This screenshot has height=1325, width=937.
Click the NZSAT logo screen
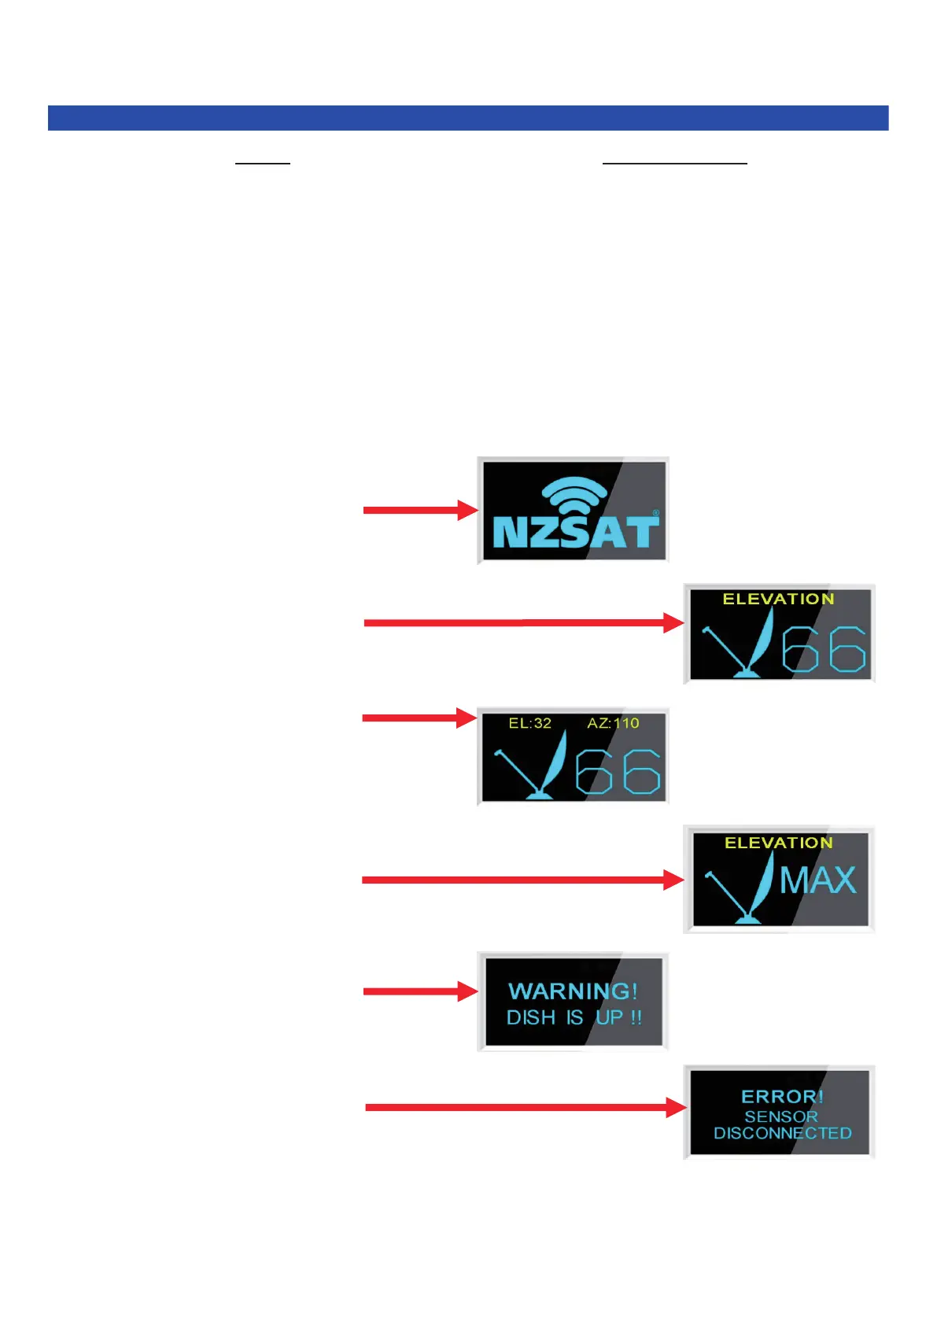point(574,510)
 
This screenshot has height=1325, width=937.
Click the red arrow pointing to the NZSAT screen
point(420,510)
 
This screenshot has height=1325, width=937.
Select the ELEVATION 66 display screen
point(779,634)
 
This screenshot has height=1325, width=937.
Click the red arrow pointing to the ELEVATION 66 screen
point(523,622)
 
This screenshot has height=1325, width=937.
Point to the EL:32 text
point(529,723)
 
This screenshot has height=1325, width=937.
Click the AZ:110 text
point(613,723)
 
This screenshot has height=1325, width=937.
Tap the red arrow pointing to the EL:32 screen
point(419,718)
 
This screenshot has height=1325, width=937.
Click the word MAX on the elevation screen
point(817,880)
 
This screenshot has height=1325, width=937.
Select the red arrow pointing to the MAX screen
point(522,880)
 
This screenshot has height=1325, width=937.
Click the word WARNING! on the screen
point(573,991)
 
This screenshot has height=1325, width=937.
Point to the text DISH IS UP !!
point(574,1017)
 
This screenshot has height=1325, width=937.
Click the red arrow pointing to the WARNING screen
point(420,991)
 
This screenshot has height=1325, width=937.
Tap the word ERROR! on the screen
point(782,1096)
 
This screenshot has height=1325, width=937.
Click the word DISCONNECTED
point(782,1133)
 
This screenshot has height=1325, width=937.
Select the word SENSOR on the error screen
point(781,1116)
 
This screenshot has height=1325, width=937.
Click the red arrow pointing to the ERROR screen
point(525,1107)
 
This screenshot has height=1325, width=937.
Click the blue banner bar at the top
point(468,118)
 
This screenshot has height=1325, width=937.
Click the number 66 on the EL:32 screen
point(618,771)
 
